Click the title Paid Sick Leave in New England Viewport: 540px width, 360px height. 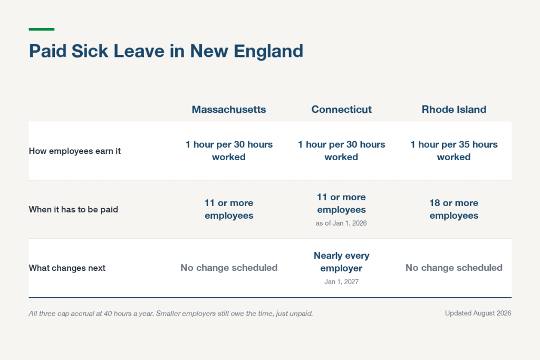pos(166,51)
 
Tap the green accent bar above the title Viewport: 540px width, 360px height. pos(42,30)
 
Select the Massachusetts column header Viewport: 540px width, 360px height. pos(229,110)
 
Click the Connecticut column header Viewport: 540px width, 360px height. pos(341,110)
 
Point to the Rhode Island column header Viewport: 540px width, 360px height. pos(454,110)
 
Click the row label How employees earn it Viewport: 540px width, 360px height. pos(75,151)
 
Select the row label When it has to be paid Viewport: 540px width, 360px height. pos(73,210)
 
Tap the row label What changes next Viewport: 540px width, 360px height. pos(67,268)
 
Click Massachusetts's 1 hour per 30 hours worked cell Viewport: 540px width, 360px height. pos(229,151)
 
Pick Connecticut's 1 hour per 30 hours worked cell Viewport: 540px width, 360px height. pos(341,151)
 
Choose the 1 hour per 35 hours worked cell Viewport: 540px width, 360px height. pos(454,151)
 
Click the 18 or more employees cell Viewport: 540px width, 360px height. pos(454,209)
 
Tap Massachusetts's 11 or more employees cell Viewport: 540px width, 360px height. pos(229,209)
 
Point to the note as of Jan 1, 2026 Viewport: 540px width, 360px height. pos(341,223)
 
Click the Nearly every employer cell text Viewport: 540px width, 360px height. pos(341,262)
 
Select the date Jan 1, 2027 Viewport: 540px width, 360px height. pos(341,281)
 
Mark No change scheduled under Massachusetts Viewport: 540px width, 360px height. pos(229,268)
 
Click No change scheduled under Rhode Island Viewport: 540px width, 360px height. pos(454,268)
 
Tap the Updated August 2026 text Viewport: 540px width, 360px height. pos(478,313)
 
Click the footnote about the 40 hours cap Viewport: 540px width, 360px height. pos(171,314)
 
